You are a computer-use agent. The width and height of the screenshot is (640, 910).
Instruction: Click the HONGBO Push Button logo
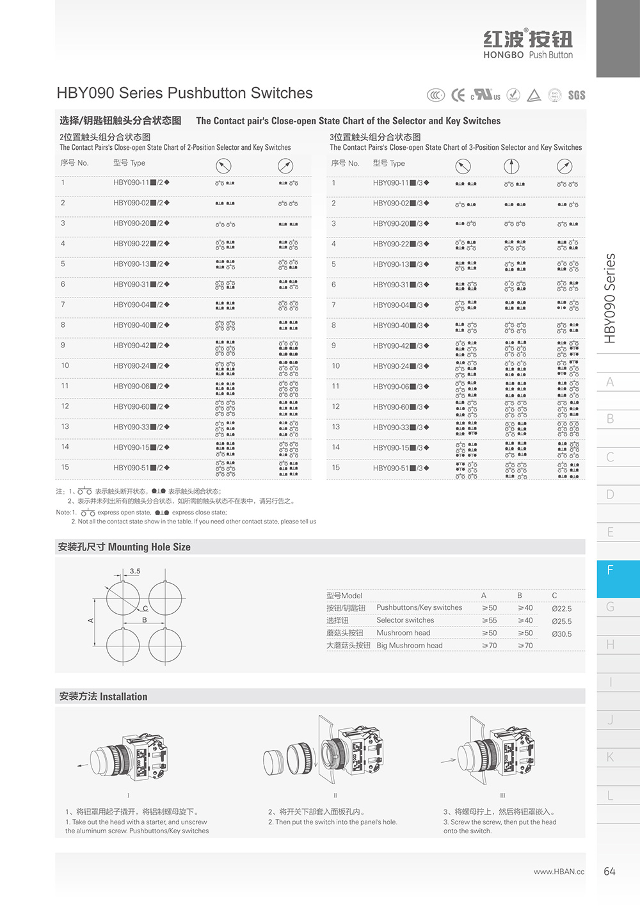(528, 44)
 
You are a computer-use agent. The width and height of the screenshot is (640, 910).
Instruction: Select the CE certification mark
(458, 95)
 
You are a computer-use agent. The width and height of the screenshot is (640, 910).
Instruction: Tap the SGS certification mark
(576, 95)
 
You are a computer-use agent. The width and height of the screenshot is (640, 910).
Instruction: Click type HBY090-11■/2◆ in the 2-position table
(141, 183)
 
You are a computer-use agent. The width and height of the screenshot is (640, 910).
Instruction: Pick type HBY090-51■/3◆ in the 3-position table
(401, 468)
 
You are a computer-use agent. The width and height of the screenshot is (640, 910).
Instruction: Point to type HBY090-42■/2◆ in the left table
(141, 346)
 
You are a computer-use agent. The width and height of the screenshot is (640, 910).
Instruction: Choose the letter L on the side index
(610, 795)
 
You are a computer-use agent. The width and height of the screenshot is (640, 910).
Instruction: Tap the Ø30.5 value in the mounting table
(561, 634)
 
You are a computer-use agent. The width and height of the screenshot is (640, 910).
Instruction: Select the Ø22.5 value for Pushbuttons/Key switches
(561, 609)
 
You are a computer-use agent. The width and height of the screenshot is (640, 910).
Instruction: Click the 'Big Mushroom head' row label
(409, 646)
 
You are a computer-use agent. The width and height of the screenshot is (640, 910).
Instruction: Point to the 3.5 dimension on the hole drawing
(135, 571)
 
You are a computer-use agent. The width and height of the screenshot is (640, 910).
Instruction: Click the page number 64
(609, 872)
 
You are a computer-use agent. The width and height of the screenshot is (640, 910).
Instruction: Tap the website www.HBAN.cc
(559, 872)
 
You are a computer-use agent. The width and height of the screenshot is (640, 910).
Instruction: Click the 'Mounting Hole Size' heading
(124, 547)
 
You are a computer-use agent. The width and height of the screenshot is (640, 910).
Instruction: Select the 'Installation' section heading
(103, 697)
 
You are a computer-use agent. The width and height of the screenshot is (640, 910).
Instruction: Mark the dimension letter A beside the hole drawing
(91, 620)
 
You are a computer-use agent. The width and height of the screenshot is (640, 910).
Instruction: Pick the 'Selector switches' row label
(405, 620)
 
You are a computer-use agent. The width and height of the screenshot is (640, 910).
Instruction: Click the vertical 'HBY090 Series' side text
(610, 298)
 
